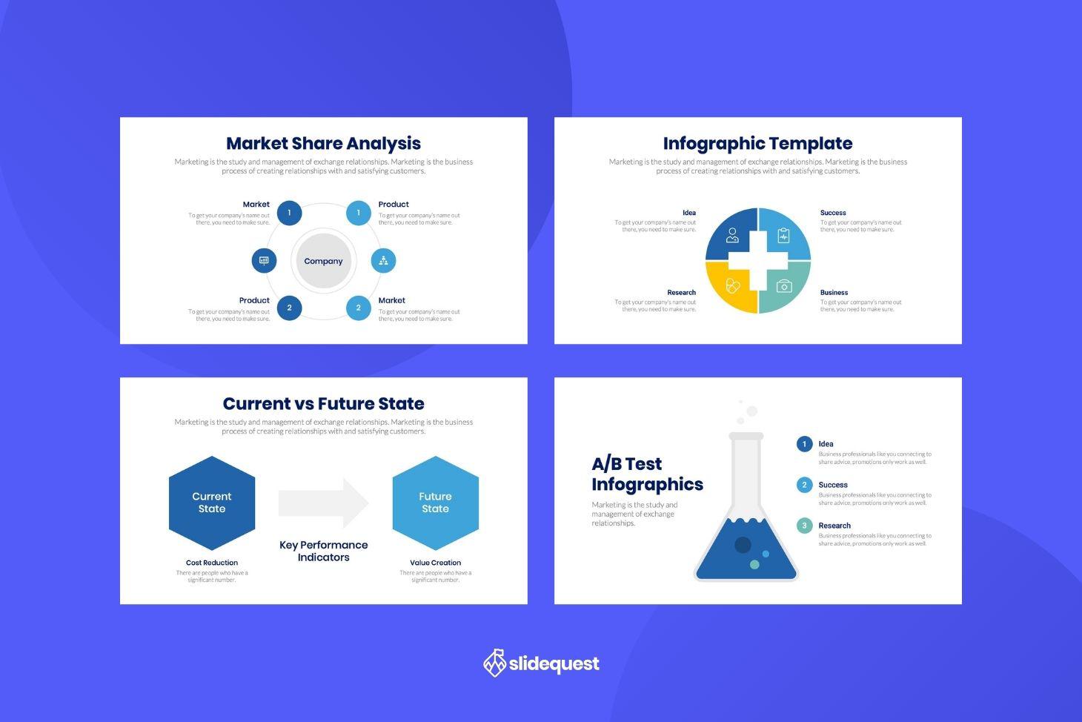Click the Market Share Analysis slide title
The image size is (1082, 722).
pyautogui.click(x=323, y=143)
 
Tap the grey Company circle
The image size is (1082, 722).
pyautogui.click(x=323, y=261)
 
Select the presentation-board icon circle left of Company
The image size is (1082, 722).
pyautogui.click(x=264, y=261)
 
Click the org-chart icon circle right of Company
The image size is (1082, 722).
pyautogui.click(x=383, y=260)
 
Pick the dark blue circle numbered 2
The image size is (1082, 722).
pyautogui.click(x=289, y=308)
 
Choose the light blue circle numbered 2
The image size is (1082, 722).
pyautogui.click(x=359, y=308)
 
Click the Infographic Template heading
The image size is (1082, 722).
pyautogui.click(x=757, y=143)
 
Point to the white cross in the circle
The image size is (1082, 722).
pyautogui.click(x=758, y=261)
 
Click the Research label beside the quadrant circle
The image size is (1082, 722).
pyautogui.click(x=681, y=293)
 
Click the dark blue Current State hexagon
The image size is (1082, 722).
pyautogui.click(x=212, y=503)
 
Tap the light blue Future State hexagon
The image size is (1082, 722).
pyautogui.click(x=435, y=503)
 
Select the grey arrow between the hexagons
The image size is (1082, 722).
pyautogui.click(x=323, y=503)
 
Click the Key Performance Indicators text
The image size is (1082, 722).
pyautogui.click(x=323, y=551)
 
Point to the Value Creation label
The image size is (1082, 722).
pyautogui.click(x=435, y=563)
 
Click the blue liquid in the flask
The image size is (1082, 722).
pyautogui.click(x=745, y=552)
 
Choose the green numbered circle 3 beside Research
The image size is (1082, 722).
pyautogui.click(x=804, y=526)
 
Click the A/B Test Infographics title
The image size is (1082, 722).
pyautogui.click(x=646, y=474)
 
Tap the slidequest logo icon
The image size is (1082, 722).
pyautogui.click(x=494, y=663)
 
